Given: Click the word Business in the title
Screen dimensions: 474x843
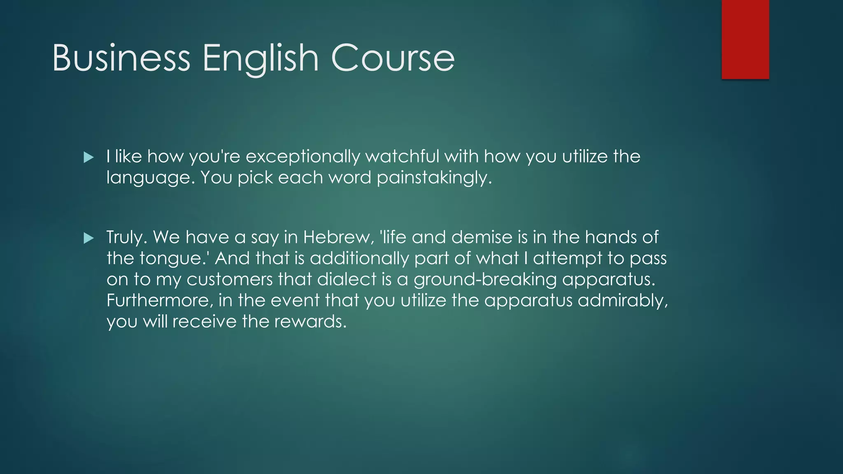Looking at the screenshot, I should click(121, 58).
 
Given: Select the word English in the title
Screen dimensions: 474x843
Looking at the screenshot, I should click(260, 58).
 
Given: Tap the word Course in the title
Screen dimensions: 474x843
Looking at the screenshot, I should click(393, 58).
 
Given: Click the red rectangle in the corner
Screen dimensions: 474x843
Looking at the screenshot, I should click(745, 39).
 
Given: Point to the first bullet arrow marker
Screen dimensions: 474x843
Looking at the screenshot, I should click(88, 157).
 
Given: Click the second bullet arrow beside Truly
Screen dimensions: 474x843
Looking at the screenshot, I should click(88, 238).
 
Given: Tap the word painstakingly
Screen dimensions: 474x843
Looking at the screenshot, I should click(434, 178).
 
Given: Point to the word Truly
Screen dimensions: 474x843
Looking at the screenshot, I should click(126, 237).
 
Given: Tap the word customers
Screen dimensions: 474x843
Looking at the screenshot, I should click(230, 279).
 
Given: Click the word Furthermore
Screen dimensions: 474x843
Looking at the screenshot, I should click(160, 300).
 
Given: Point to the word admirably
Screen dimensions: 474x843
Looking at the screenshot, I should click(622, 301).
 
